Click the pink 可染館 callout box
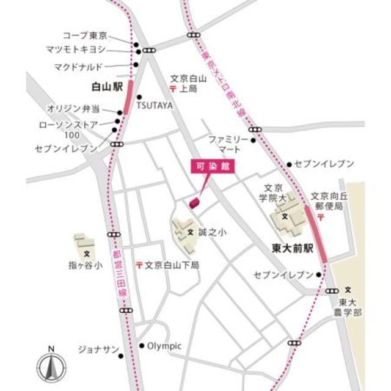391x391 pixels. point(213,168)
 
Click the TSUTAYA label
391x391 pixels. point(155,106)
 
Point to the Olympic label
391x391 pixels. point(164,346)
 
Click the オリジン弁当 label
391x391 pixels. point(82,109)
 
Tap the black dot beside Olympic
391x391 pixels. point(142,346)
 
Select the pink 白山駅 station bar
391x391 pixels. point(128,93)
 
